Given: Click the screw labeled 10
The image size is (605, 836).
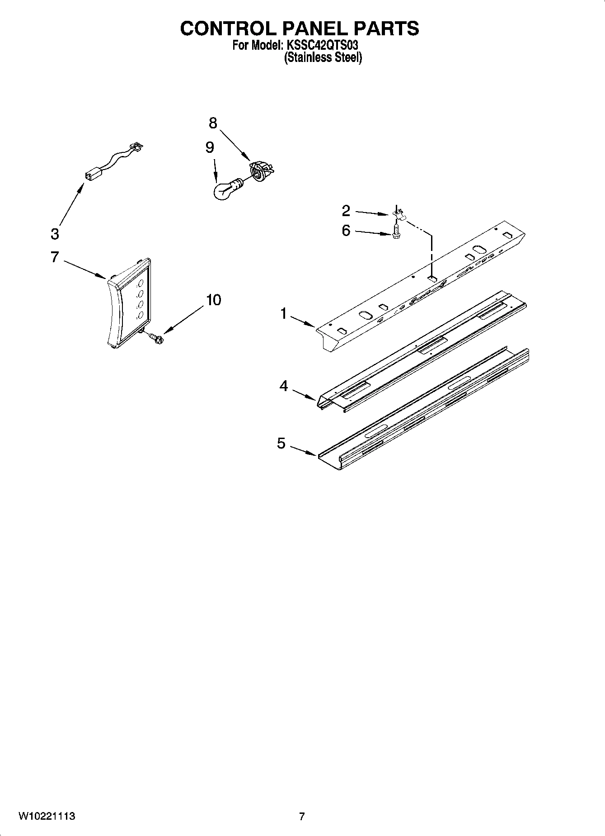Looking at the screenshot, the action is pyautogui.click(x=156, y=337).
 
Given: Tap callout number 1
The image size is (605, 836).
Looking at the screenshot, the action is pyautogui.click(x=284, y=313).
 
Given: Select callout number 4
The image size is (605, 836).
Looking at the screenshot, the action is pyautogui.click(x=283, y=386).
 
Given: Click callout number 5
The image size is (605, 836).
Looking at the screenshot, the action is pyautogui.click(x=281, y=444).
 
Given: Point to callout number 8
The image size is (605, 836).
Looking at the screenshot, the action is pyautogui.click(x=213, y=123).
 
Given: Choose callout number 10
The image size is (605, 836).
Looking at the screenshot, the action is pyautogui.click(x=214, y=299).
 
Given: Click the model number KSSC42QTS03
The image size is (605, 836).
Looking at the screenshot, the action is pyautogui.click(x=323, y=46).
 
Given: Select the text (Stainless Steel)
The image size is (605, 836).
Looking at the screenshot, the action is pyautogui.click(x=323, y=58).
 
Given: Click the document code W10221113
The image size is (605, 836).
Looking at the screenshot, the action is pyautogui.click(x=47, y=816).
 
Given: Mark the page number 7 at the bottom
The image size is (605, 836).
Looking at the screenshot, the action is pyautogui.click(x=302, y=816).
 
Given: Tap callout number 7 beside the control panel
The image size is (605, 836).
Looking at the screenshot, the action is pyautogui.click(x=55, y=257).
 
